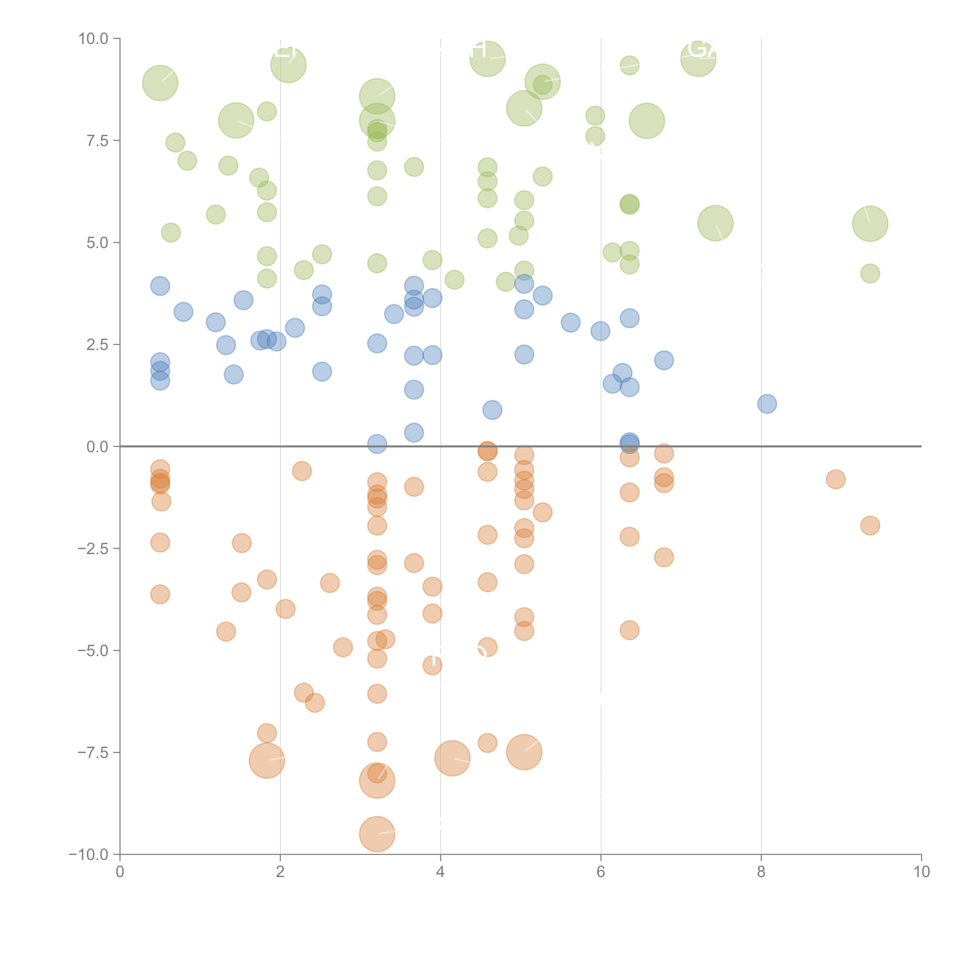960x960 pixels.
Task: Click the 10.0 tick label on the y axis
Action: pyautogui.click(x=94, y=39)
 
